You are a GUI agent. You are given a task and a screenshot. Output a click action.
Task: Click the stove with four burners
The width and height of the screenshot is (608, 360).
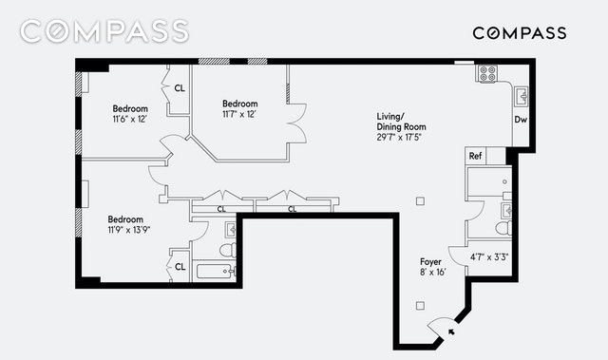[487, 73]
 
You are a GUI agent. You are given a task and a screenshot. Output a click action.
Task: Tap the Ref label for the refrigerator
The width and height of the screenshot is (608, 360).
[475, 156]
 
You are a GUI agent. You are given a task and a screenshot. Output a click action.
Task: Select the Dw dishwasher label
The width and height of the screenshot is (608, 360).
[521, 120]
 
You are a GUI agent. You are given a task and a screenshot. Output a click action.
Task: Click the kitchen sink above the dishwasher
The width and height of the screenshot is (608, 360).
[521, 96]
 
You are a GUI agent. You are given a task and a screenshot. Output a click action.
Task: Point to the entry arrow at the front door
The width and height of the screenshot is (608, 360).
[451, 332]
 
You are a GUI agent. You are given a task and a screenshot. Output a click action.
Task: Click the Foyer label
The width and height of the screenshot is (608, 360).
[430, 261]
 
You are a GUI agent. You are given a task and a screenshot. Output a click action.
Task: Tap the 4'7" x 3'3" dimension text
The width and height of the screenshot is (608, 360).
[489, 256]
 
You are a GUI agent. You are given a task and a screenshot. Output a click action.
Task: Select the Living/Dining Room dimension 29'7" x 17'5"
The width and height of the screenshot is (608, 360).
[399, 137]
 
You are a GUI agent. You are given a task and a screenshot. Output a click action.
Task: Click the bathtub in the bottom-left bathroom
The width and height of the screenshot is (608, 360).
[216, 271]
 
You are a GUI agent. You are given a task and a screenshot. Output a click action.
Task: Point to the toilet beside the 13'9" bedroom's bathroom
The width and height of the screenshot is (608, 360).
[228, 250]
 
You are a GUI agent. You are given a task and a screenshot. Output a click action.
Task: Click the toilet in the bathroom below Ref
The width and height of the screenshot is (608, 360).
[503, 227]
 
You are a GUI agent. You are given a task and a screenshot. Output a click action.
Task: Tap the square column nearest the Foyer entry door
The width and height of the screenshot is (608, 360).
[420, 306]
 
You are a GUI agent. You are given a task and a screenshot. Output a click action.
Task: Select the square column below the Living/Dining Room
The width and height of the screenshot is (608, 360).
[420, 201]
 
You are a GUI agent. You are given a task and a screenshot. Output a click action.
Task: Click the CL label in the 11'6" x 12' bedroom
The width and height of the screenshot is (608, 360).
[180, 88]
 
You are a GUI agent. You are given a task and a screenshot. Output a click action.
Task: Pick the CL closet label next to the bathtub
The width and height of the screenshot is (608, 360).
[180, 267]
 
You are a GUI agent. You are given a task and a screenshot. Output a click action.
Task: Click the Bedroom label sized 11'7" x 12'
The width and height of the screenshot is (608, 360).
[240, 104]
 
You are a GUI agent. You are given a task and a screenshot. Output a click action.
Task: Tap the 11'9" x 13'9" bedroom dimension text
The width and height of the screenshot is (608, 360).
[129, 230]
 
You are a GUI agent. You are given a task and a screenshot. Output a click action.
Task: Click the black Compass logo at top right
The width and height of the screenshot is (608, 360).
[520, 33]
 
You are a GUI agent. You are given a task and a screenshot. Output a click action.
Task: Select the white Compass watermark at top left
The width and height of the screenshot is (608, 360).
[104, 31]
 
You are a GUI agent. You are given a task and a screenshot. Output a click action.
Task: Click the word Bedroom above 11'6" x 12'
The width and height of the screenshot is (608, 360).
[130, 108]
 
